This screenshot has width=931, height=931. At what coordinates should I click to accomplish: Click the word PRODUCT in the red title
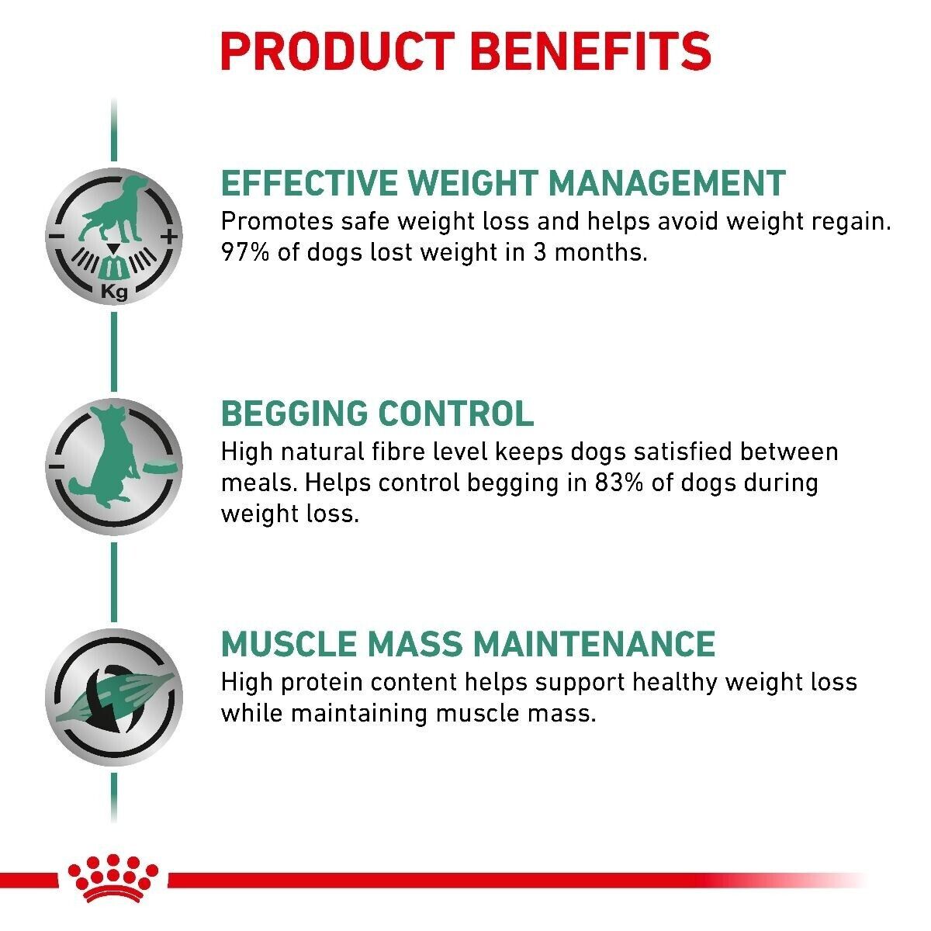335,51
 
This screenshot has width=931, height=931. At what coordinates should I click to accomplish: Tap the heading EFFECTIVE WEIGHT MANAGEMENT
503,183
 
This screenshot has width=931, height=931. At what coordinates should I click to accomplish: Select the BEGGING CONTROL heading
378,413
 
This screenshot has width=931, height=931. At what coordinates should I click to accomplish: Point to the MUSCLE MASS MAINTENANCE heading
468,644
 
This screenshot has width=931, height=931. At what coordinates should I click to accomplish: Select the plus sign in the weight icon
170,236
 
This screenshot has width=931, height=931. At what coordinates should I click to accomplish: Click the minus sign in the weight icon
57,236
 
